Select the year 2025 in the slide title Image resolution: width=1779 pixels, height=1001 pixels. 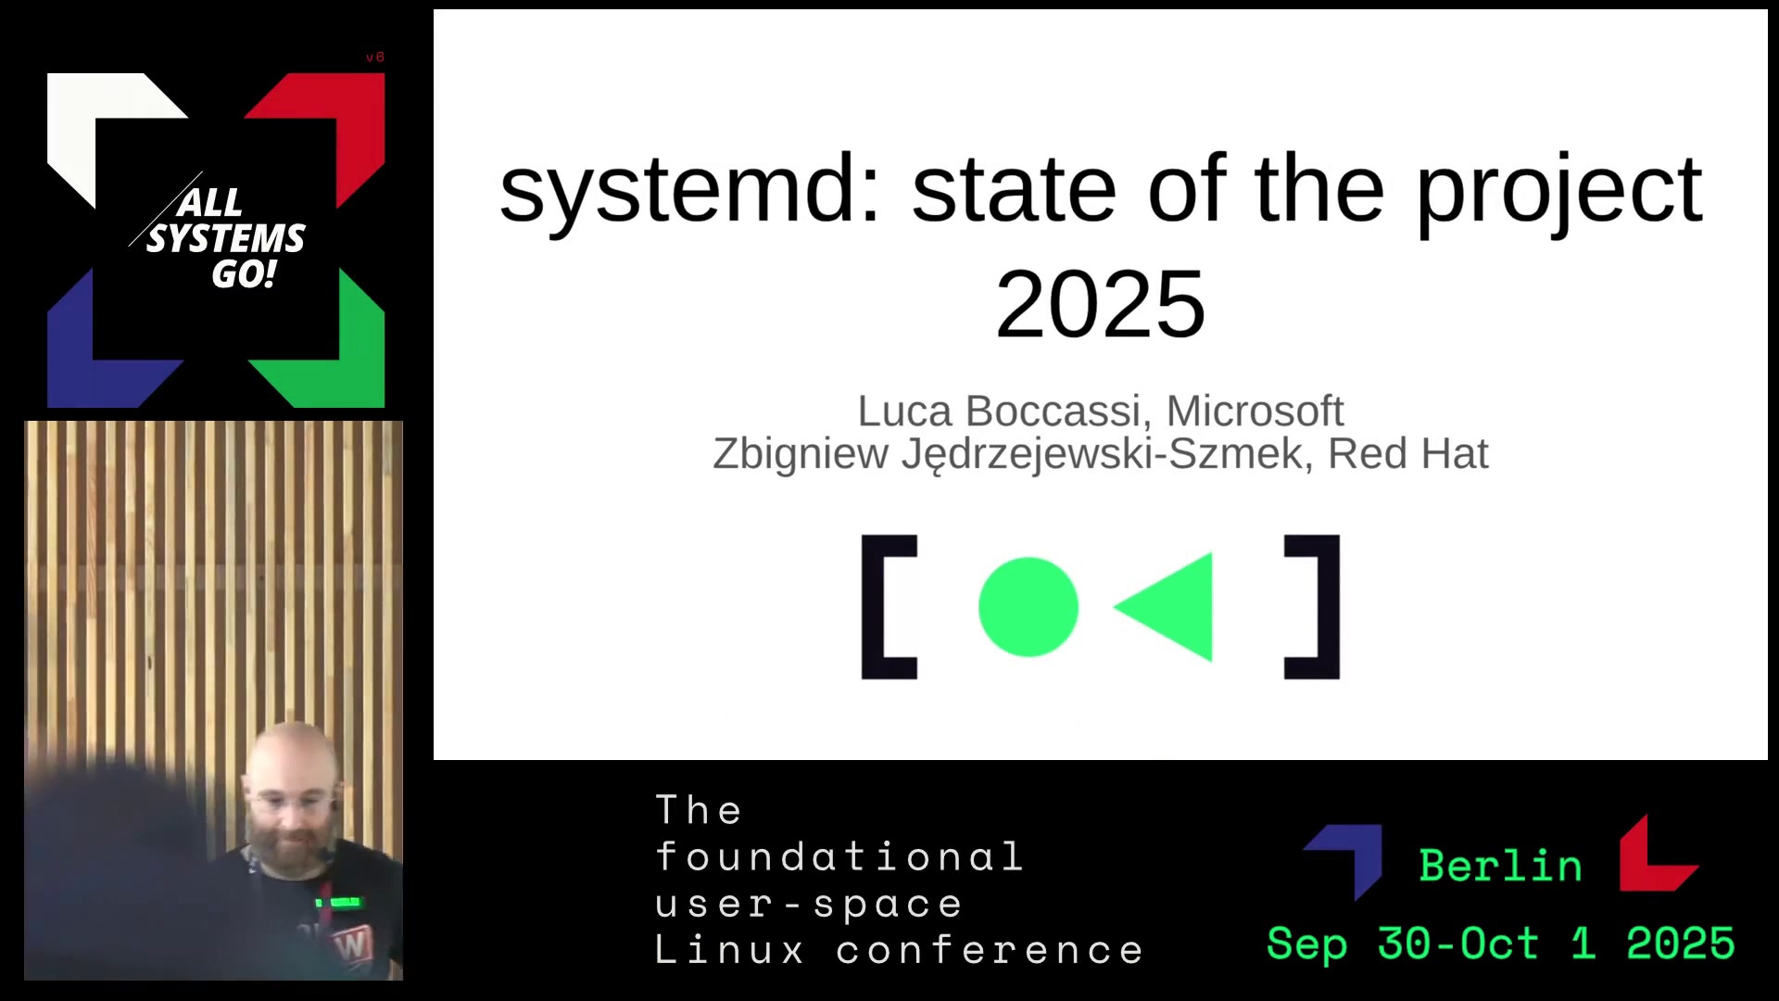tap(1101, 304)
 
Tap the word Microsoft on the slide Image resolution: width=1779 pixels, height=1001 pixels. tap(1255, 411)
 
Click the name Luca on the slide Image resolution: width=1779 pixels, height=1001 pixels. tap(905, 411)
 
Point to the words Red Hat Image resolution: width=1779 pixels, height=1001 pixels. tap(1407, 453)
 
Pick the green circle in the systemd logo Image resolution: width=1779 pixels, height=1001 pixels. tap(1028, 607)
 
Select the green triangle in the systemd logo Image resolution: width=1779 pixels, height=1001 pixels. tap(1164, 607)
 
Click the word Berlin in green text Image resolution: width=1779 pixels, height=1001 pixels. tap(1500, 866)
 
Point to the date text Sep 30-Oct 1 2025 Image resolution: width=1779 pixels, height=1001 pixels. tap(1501, 944)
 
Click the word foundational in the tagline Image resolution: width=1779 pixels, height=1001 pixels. tap(839, 856)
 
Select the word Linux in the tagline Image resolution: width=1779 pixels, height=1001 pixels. tap(730, 950)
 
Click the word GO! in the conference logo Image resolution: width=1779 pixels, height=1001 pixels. tap(244, 274)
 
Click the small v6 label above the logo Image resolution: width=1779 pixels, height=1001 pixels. tap(375, 57)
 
